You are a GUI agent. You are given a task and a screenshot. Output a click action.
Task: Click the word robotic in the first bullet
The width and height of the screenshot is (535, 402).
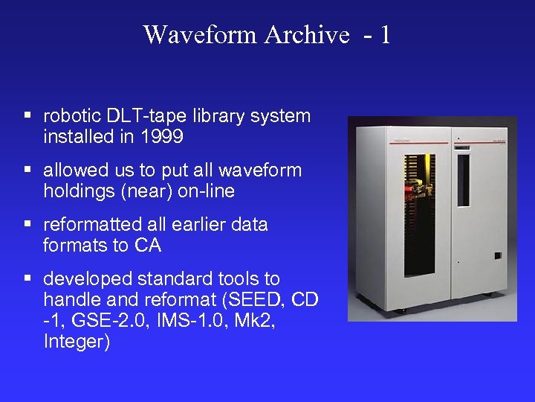pyautogui.click(x=71, y=116)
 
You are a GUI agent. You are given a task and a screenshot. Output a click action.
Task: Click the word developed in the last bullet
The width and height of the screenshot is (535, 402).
pyautogui.click(x=82, y=278)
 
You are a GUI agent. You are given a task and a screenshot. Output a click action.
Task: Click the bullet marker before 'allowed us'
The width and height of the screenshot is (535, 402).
pyautogui.click(x=27, y=170)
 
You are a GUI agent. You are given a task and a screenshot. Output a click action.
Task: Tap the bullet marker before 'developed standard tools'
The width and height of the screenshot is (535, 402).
pyautogui.click(x=27, y=279)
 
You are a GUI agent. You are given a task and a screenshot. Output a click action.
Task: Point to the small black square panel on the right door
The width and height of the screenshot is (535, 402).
pyautogui.click(x=498, y=255)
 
